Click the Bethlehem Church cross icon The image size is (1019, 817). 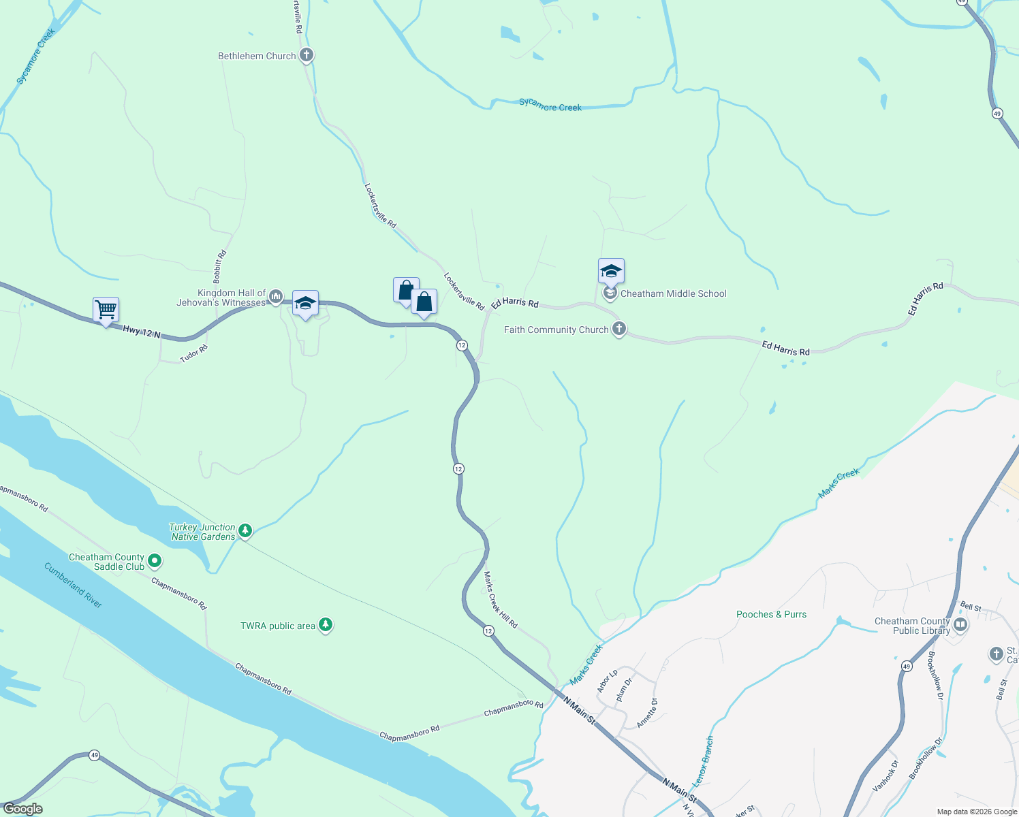307,55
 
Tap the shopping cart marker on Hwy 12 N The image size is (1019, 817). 106,310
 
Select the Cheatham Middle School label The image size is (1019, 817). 673,293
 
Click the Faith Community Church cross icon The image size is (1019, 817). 618,330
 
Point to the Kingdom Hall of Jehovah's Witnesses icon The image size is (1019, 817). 276,295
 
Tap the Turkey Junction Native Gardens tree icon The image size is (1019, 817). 245,530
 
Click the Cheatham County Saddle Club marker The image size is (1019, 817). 155,561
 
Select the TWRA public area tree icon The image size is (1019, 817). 326,625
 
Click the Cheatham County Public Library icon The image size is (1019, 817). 960,624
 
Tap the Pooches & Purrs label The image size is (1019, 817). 771,614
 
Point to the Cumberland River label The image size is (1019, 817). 74,585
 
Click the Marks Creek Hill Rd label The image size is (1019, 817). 501,600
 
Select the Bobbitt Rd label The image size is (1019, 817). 219,267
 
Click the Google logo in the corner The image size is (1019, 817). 22,809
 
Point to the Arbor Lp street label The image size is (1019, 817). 607,681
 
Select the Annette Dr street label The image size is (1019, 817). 648,713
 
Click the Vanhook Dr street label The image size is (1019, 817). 885,776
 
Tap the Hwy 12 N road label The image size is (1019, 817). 142,332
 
